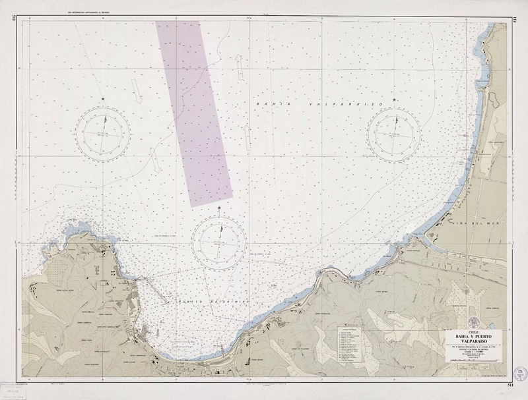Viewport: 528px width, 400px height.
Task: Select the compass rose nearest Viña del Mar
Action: click(395, 133)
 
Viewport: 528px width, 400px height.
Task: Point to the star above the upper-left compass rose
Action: click(102, 99)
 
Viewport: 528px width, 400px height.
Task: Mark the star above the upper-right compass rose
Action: click(395, 99)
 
